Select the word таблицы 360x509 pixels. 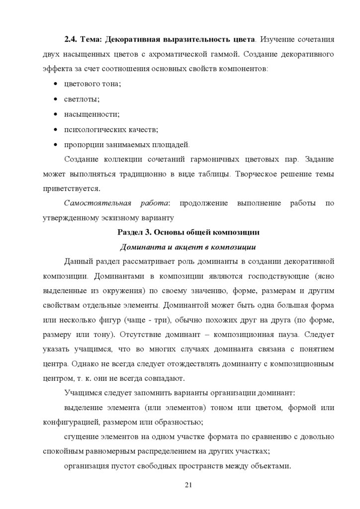215,174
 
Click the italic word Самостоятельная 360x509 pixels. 97,204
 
